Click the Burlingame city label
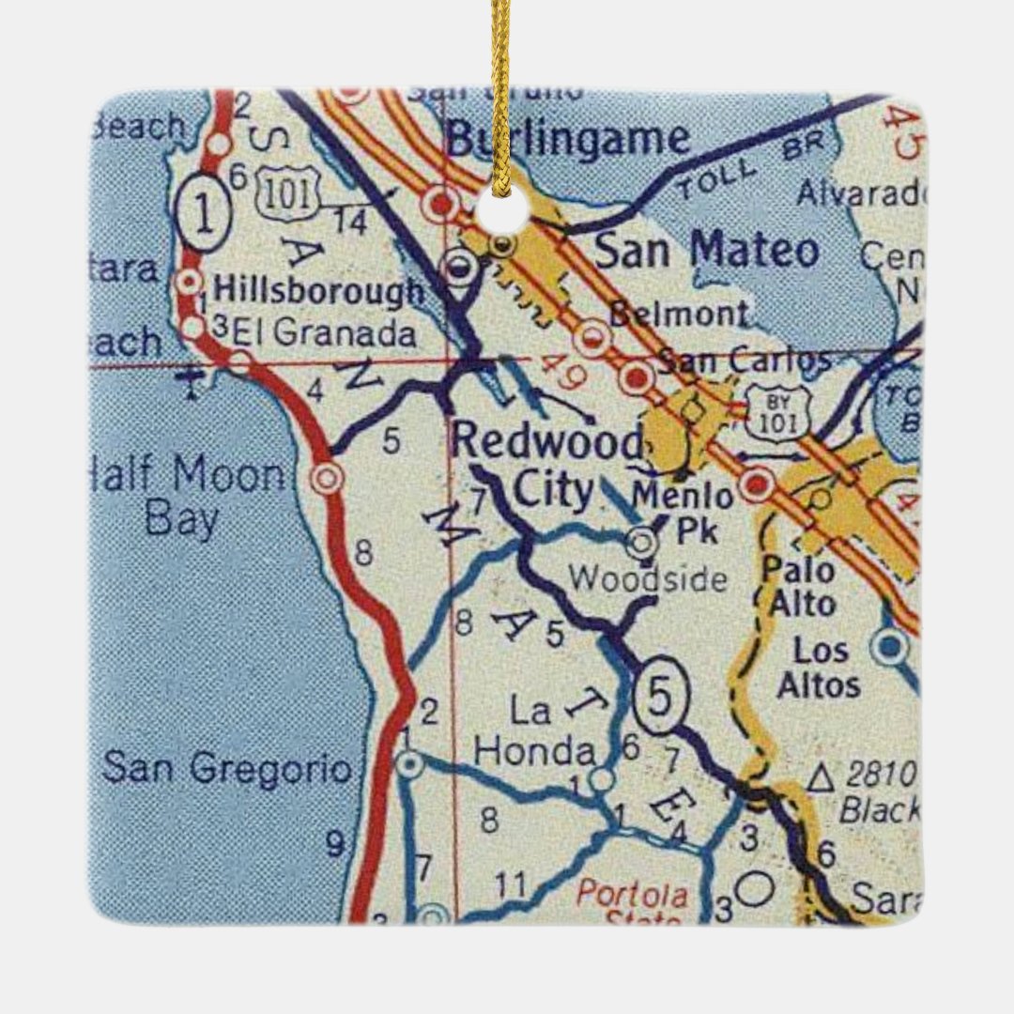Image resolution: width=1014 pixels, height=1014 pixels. [x=567, y=140]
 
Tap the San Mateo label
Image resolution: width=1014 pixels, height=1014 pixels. [x=707, y=252]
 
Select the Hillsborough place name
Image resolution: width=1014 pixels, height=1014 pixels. [x=319, y=291]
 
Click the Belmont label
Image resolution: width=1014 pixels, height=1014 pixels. [x=680, y=314]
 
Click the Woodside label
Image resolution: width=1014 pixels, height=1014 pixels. [x=648, y=579]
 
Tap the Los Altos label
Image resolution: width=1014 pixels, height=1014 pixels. [x=818, y=668]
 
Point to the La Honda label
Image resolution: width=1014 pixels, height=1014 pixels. [x=535, y=731]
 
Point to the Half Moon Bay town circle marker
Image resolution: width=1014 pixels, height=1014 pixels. [x=327, y=478]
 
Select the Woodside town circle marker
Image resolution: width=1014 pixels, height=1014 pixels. [x=642, y=541]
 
